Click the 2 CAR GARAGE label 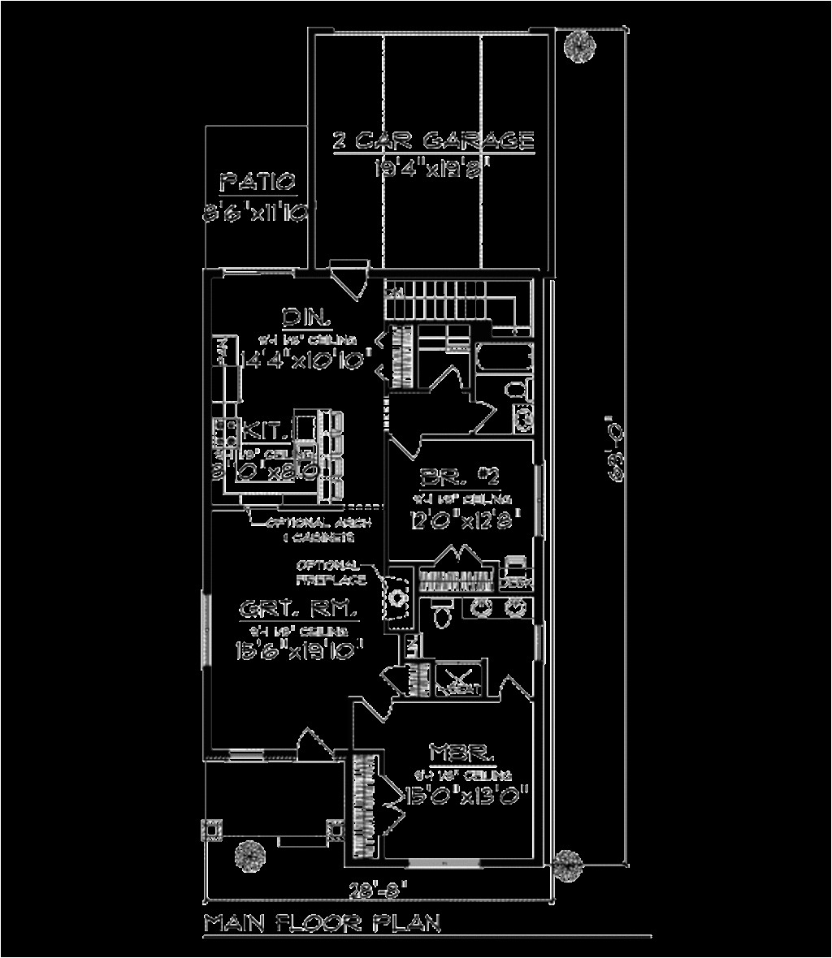[x=433, y=140]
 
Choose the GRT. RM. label [x=299, y=608]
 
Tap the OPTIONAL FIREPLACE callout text [x=329, y=572]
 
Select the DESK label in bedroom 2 [x=515, y=581]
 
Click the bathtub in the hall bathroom [x=504, y=359]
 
